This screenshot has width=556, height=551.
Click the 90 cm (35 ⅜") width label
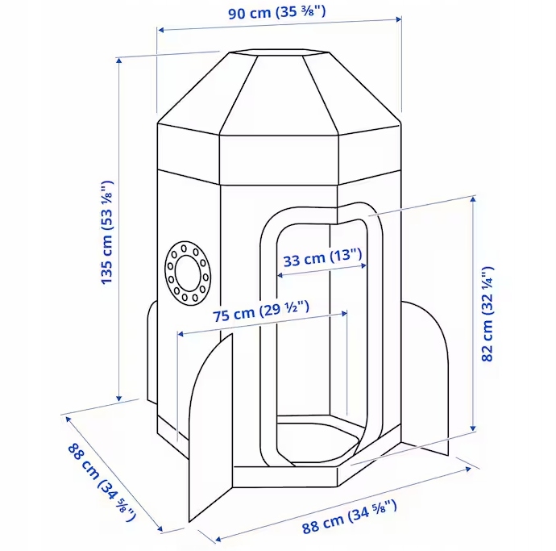pyautogui.click(x=278, y=14)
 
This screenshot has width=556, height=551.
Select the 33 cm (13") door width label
pyautogui.click(x=323, y=259)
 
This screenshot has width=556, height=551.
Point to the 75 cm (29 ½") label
pyautogui.click(x=262, y=314)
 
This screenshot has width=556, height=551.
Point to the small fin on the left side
pyautogui.click(x=151, y=355)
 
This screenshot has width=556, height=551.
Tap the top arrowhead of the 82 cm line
pyautogui.click(x=472, y=197)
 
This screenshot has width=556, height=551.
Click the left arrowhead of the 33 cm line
pyautogui.click(x=280, y=274)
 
